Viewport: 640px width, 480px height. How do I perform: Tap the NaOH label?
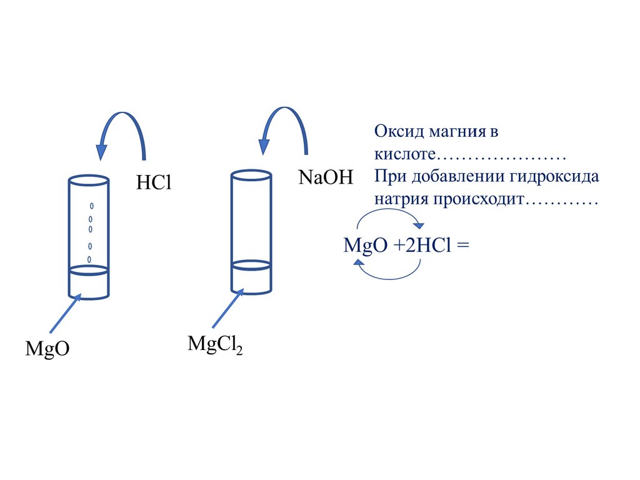click(x=326, y=177)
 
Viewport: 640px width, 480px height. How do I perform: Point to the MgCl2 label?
click(x=214, y=344)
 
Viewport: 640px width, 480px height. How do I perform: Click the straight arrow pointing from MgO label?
click(x=65, y=313)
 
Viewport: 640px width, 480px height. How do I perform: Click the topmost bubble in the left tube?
click(x=92, y=206)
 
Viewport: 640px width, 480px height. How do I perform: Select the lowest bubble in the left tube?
click(x=89, y=259)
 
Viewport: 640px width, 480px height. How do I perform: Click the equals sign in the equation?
click(x=462, y=246)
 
